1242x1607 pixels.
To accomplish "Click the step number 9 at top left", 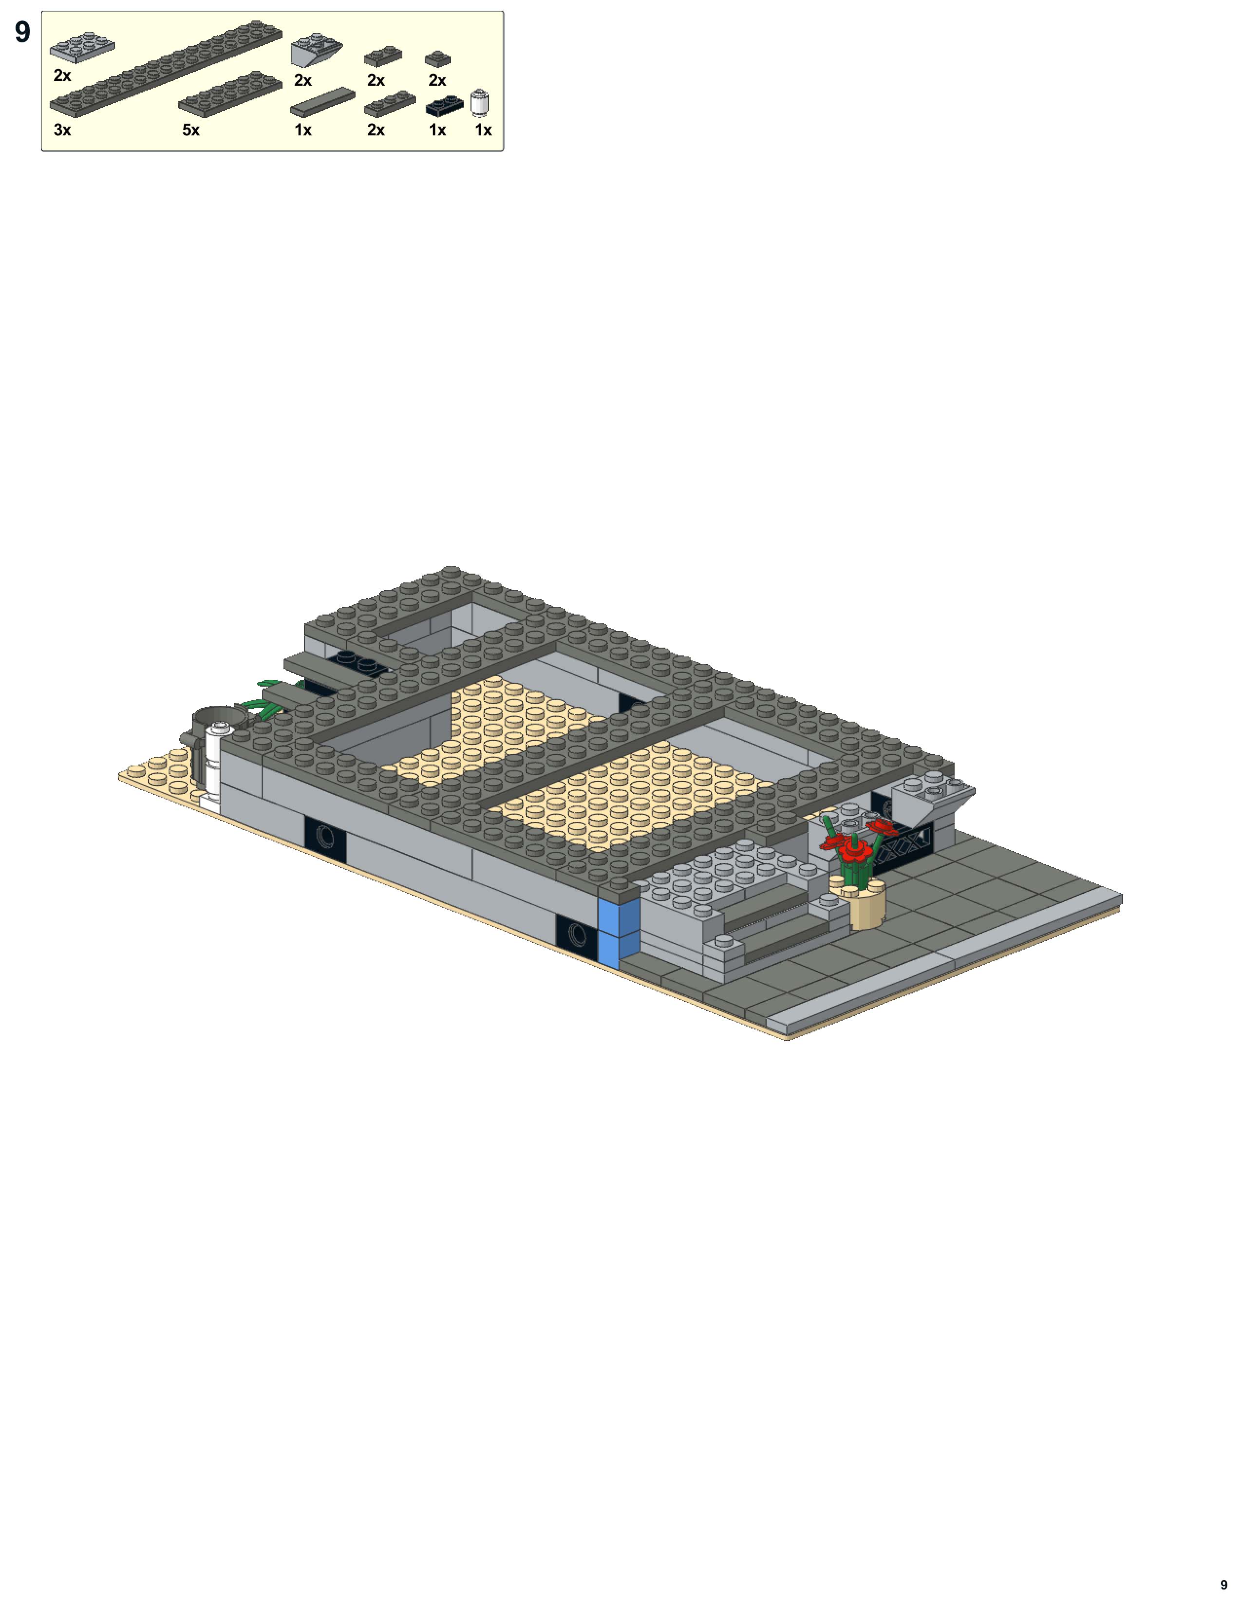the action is [23, 32].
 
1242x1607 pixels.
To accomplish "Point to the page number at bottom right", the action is [1223, 1584].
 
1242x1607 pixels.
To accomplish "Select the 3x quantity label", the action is [62, 130].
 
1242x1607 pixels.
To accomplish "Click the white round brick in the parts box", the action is [480, 103].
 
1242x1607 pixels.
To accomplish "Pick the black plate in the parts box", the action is [444, 106].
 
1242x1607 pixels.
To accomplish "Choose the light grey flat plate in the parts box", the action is [82, 46].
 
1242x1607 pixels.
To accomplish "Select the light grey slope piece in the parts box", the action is [317, 50].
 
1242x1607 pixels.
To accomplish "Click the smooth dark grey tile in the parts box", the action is [322, 103].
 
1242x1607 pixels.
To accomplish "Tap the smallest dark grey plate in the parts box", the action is [438, 59].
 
